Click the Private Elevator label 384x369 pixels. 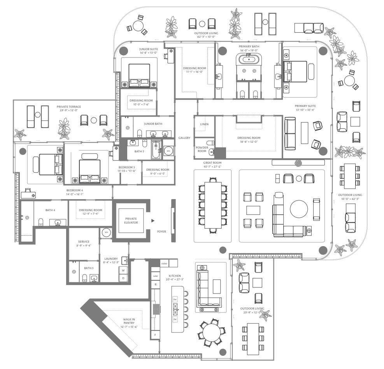[x=131, y=221]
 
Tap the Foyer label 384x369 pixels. [x=161, y=231]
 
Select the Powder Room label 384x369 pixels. [x=202, y=149]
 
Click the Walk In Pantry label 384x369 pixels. [x=129, y=321]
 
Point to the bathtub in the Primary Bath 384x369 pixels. [x=249, y=59]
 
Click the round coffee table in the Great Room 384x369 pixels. [x=299, y=209]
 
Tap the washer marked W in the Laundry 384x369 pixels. [x=123, y=270]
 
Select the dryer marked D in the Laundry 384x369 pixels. [x=123, y=278]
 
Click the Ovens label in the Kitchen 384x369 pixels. [x=164, y=264]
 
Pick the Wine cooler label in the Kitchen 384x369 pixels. [x=156, y=276]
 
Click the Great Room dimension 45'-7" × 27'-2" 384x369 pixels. [x=212, y=167]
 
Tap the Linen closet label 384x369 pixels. [x=204, y=124]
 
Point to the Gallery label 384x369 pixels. [x=184, y=138]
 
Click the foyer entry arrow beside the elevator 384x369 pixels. [x=153, y=221]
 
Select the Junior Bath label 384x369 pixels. [x=153, y=124]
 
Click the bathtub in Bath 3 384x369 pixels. [x=156, y=149]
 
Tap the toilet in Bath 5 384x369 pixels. [x=84, y=278]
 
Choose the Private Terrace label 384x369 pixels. [x=69, y=107]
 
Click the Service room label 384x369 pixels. [x=84, y=241]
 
